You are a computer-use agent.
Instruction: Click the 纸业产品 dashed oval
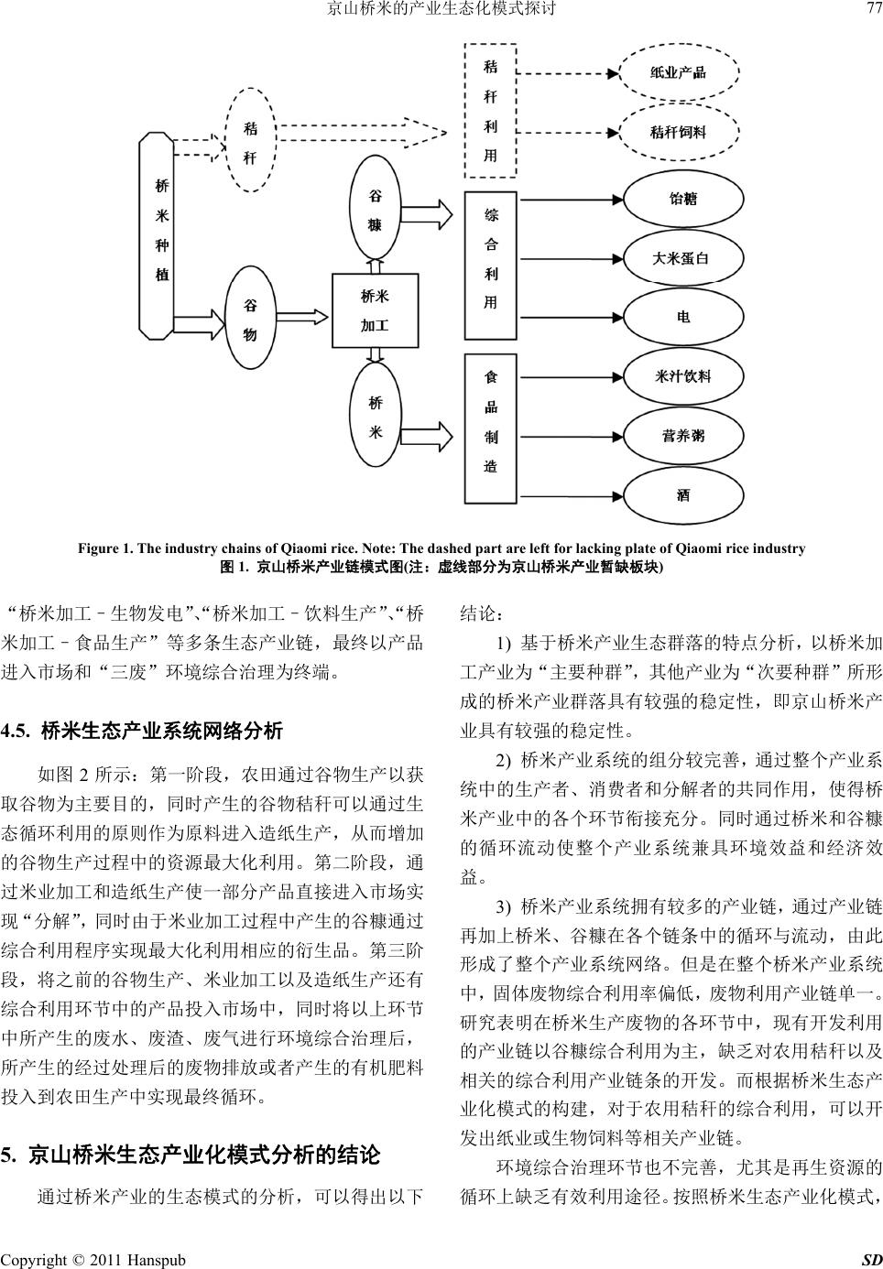679,72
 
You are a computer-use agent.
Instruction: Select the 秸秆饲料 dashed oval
679,131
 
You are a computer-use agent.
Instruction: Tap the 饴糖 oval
682,198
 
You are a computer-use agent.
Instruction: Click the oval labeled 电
682,317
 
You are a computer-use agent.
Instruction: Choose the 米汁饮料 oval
682,376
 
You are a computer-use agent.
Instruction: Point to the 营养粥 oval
682,436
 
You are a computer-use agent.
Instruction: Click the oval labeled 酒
682,495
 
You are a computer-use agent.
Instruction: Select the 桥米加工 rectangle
375,310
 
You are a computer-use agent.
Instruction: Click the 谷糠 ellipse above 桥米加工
375,211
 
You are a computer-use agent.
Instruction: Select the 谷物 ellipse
249,320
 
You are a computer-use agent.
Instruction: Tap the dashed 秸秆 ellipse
249,142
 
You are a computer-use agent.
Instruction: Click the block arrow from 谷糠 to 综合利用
429,215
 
